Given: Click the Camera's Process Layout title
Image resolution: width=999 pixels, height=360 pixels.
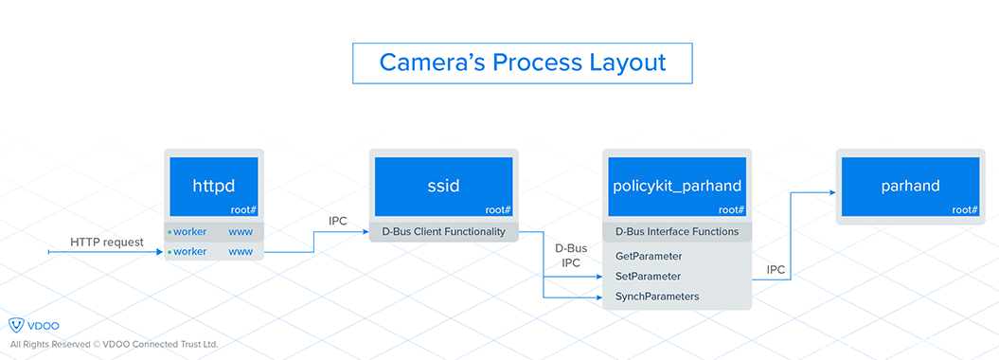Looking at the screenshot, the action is point(523,63).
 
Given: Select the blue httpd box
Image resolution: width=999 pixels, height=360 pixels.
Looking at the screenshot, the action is point(214,187).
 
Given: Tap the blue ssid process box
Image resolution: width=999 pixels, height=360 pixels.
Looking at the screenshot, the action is point(444,187).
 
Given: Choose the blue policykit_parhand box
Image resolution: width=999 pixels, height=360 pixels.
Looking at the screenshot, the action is point(677,187).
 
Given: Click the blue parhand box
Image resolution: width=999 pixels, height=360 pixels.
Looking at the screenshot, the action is point(910,187).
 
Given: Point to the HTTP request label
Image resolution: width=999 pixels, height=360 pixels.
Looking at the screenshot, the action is point(107,243).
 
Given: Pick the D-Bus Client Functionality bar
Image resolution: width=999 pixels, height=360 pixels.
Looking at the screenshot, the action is point(444,232).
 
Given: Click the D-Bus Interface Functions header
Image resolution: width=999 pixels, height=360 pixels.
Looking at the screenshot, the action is point(677,232).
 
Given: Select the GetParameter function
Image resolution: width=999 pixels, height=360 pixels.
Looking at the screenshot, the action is point(650,257).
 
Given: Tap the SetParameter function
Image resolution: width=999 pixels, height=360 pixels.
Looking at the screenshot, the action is point(648,277).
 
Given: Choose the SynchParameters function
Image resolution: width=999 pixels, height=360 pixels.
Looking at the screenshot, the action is point(657,297).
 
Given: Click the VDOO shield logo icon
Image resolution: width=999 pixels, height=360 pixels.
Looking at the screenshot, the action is point(16,325).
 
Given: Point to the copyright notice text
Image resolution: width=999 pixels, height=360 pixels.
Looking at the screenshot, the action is point(114,344).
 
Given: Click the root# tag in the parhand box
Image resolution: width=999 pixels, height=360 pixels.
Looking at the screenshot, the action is point(965,209).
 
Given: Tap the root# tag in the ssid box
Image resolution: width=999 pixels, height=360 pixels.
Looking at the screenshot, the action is point(498,209).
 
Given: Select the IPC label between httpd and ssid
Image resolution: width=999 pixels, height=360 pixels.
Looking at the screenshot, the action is point(338,221).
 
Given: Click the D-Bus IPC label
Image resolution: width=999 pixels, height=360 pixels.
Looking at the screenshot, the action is point(571,255).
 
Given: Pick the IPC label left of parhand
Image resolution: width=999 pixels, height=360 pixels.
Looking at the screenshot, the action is point(776,269).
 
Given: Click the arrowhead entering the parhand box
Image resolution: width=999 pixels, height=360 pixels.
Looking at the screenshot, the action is point(832,191).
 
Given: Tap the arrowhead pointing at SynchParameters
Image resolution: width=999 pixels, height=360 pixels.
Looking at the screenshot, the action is point(598,297).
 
